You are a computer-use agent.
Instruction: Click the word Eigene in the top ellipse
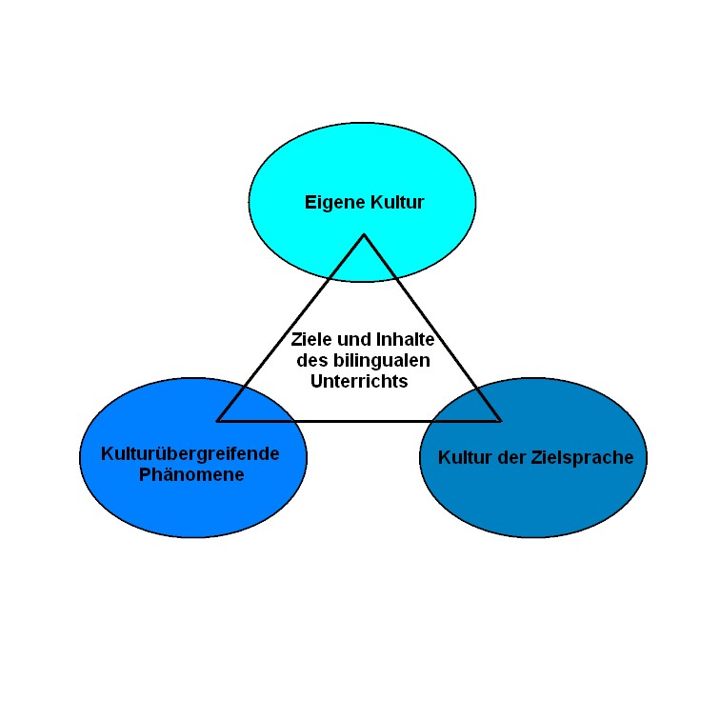335,203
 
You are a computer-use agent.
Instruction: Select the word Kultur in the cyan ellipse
398,202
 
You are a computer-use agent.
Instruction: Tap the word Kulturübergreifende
190,454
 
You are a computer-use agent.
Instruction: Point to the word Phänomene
191,474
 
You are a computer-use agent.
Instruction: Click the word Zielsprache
582,458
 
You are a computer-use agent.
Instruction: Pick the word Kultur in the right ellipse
465,457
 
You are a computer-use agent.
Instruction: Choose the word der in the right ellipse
511,457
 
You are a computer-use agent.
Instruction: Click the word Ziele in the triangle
311,339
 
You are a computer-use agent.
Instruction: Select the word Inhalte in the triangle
406,339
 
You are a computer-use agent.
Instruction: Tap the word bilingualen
382,360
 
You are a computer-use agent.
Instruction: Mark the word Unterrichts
359,381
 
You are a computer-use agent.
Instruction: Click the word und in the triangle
354,339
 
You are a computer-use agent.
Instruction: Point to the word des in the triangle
312,360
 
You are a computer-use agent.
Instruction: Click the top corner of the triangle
364,234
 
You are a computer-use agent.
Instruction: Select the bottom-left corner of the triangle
218,421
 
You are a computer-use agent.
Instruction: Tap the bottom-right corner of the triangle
500,421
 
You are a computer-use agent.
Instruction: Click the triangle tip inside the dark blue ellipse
500,421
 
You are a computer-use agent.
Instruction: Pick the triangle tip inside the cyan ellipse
364,234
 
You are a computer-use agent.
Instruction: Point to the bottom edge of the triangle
359,421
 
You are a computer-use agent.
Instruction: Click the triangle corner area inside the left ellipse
218,421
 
